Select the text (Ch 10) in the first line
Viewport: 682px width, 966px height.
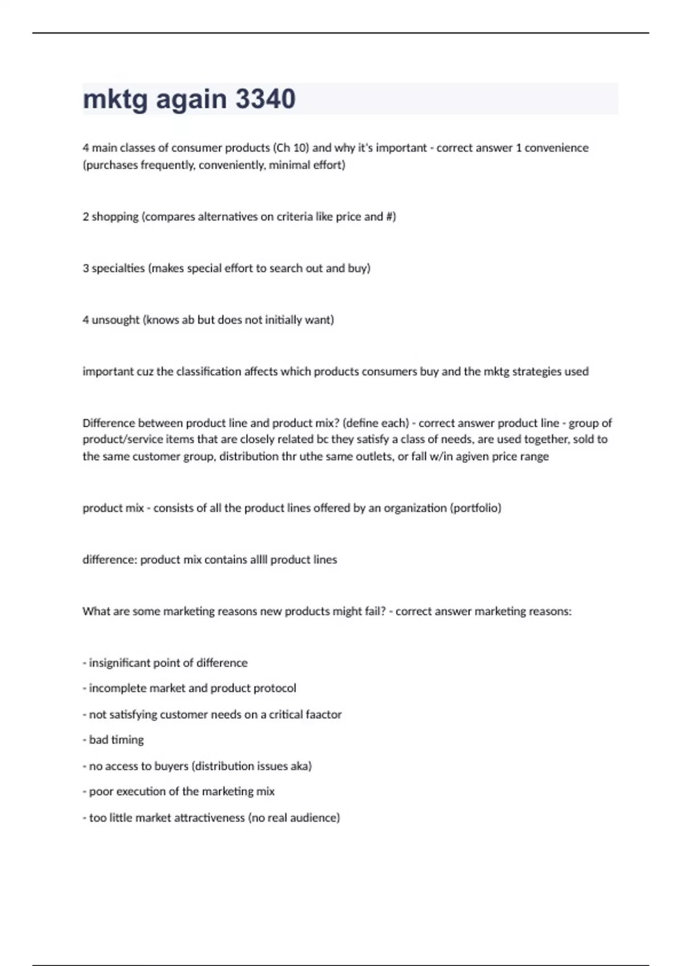click(291, 148)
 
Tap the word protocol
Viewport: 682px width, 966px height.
click(275, 688)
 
